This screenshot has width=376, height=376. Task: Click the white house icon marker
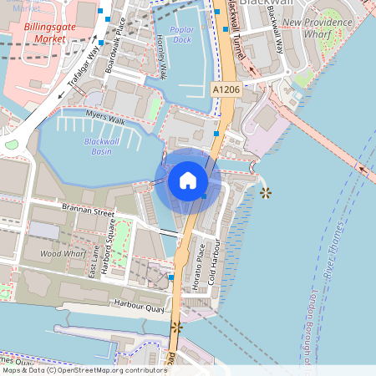188,180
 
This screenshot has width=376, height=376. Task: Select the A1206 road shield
225,89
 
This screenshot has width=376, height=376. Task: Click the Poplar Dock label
181,34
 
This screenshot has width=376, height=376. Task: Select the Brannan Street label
87,209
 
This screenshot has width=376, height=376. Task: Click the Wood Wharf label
63,252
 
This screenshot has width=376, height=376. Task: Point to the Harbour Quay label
140,305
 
